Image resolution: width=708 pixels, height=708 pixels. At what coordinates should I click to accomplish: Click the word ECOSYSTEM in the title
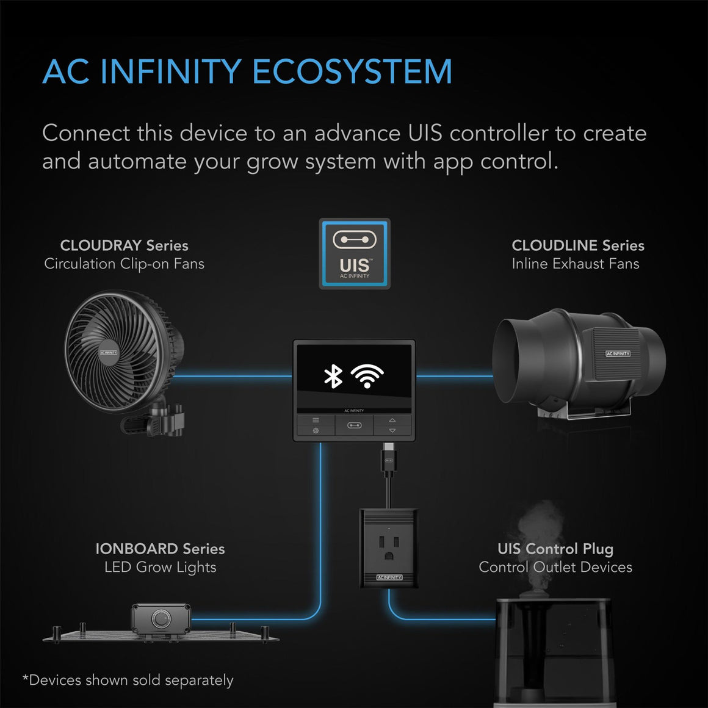point(352,71)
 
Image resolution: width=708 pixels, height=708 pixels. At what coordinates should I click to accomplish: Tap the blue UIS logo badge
point(355,253)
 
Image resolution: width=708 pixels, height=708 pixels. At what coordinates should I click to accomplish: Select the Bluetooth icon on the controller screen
point(333,376)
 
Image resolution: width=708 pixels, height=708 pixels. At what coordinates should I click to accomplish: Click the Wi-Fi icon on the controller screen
point(366,376)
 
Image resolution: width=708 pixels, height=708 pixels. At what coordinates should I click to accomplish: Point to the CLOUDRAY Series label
point(124,245)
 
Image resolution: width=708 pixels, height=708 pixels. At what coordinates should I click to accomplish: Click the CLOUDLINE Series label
point(577,245)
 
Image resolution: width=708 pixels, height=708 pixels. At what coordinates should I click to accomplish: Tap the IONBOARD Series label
point(160,549)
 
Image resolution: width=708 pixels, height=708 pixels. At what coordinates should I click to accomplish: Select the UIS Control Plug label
point(555,549)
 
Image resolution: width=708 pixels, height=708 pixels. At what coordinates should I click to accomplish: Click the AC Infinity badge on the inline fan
point(618,353)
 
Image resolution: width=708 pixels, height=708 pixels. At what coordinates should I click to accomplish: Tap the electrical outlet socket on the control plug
point(389,543)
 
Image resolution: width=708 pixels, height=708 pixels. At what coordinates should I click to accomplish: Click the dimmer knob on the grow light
point(161,619)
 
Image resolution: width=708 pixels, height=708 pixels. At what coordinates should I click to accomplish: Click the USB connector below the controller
point(389,459)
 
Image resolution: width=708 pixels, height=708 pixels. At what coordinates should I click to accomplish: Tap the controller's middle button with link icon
point(355,425)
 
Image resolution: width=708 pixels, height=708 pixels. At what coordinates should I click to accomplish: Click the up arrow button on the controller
point(392,420)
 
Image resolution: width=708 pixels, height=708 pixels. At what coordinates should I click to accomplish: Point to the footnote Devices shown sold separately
point(128,680)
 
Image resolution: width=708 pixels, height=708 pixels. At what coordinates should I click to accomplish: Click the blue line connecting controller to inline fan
point(455,376)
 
